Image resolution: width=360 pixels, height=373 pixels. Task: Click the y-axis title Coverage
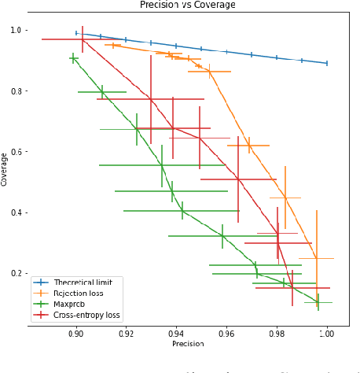click(x=6, y=170)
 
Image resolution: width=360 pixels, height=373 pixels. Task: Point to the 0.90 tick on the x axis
click(x=76, y=333)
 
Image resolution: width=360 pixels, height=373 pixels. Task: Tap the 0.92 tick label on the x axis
click(x=127, y=333)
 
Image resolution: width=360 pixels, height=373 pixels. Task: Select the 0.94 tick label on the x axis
click(x=176, y=333)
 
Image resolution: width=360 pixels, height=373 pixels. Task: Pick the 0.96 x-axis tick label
click(x=226, y=333)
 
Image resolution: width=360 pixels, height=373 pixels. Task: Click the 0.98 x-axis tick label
click(x=277, y=333)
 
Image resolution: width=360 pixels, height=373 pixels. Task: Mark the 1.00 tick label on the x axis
click(x=326, y=333)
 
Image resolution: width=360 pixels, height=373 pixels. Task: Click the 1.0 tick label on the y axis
click(x=17, y=31)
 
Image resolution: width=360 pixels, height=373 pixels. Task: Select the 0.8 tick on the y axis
click(x=17, y=91)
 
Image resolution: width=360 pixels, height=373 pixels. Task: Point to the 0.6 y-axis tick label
click(x=17, y=152)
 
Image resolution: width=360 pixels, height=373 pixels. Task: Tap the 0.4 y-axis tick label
click(x=17, y=212)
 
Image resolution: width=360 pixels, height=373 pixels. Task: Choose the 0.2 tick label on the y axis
click(x=17, y=273)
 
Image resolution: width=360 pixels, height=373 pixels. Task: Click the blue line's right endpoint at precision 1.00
click(x=327, y=63)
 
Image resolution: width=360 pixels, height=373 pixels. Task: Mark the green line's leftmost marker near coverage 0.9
click(x=73, y=58)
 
